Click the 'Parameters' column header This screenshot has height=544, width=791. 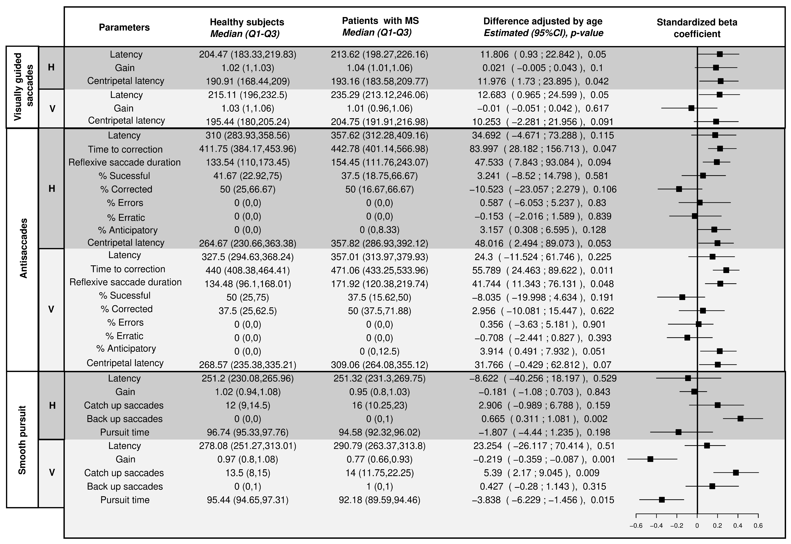coord(124,27)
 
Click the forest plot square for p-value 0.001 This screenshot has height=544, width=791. coord(650,459)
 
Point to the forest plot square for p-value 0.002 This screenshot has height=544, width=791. coord(740,419)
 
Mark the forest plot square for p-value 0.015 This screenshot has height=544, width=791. coord(662,500)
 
